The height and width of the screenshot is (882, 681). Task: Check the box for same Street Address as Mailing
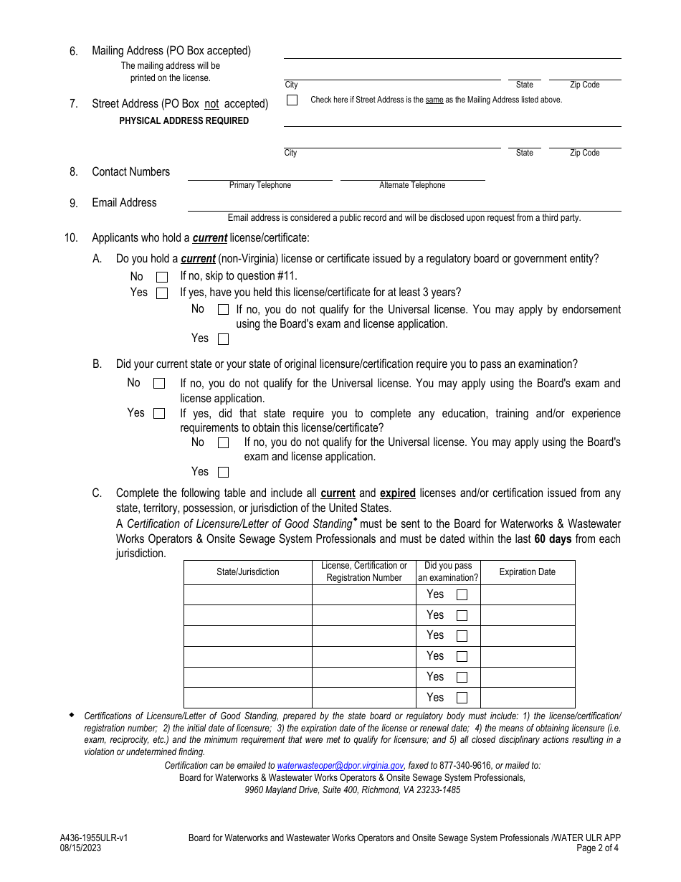tap(292, 100)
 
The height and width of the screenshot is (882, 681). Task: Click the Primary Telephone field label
tap(260, 186)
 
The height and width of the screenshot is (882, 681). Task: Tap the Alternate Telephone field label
tap(412, 186)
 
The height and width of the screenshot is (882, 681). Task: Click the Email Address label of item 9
tap(124, 203)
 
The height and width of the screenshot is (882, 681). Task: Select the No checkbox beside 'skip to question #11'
tap(162, 277)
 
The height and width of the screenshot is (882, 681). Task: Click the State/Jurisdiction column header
tap(248, 572)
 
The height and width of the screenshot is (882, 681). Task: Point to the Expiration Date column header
tap(528, 572)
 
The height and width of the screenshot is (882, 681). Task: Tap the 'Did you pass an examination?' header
tap(448, 572)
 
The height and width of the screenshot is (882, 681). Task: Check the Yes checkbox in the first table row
tap(462, 594)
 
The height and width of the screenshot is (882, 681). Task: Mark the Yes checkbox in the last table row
tap(462, 698)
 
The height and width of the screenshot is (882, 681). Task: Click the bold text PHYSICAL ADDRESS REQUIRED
tap(184, 121)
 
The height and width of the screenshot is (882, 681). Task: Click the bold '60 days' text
tap(553, 539)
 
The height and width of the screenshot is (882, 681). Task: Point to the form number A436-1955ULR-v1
tap(94, 838)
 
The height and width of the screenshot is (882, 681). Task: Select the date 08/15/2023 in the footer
tap(80, 848)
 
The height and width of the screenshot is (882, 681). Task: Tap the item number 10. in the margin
tap(71, 238)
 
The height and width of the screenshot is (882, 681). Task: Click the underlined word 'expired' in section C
tap(397, 493)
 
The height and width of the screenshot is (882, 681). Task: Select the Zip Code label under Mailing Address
tap(584, 85)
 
